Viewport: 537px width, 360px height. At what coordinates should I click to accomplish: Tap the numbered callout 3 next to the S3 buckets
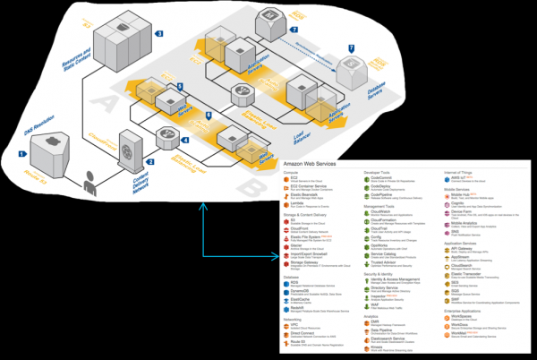tap(158, 33)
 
